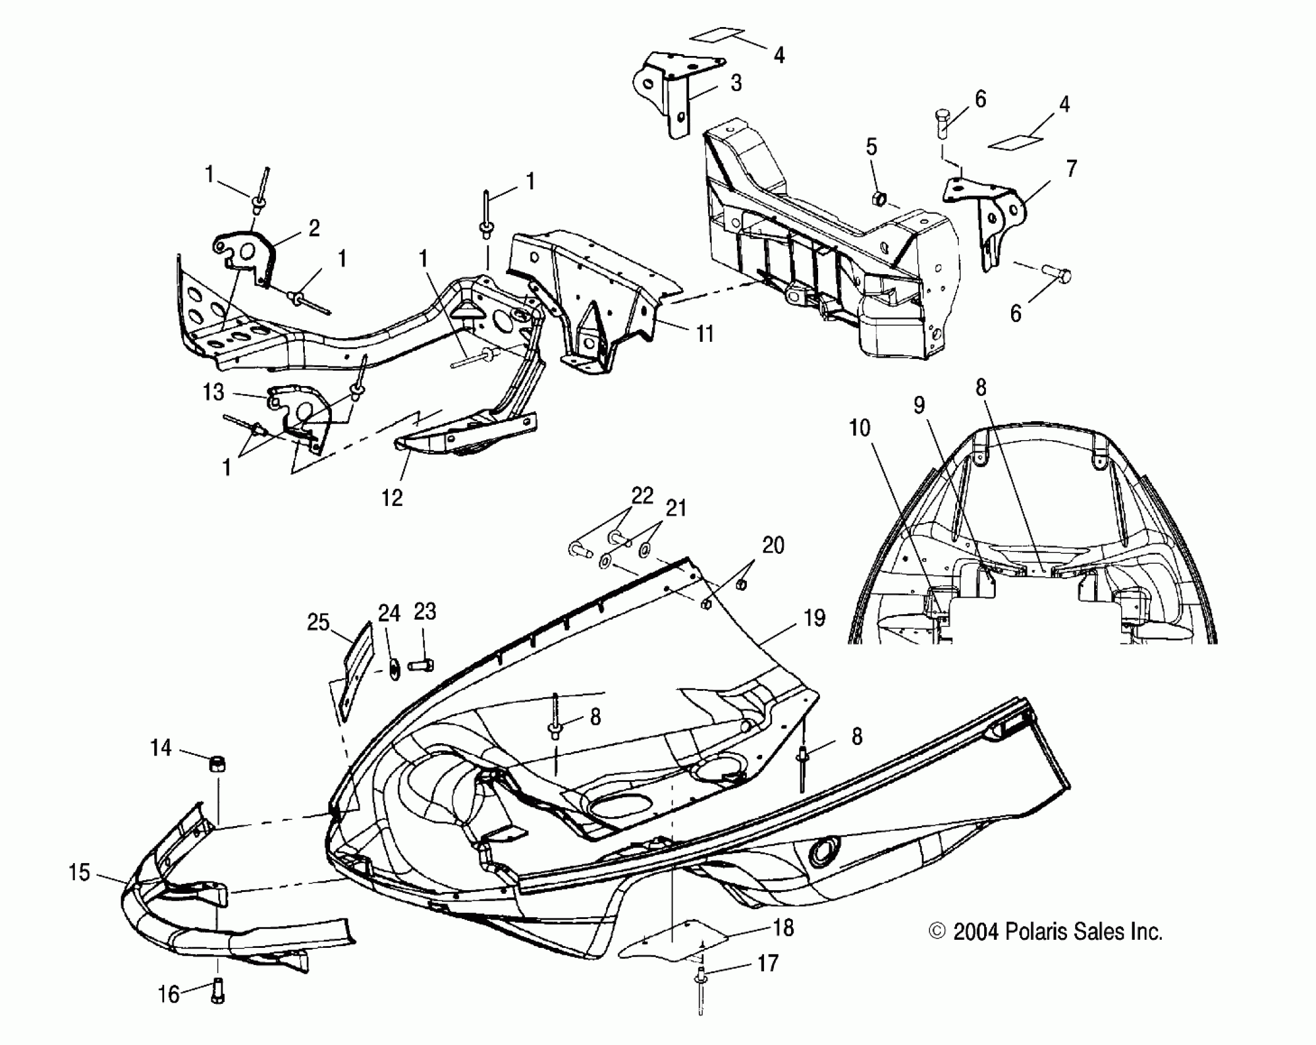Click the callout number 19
[814, 618]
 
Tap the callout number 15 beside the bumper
[79, 872]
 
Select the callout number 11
[704, 334]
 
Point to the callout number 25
[318, 622]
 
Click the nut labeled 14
[217, 765]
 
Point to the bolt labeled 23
[421, 664]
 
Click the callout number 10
[859, 428]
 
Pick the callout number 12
[392, 497]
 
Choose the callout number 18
[782, 928]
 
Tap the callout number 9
[919, 405]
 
